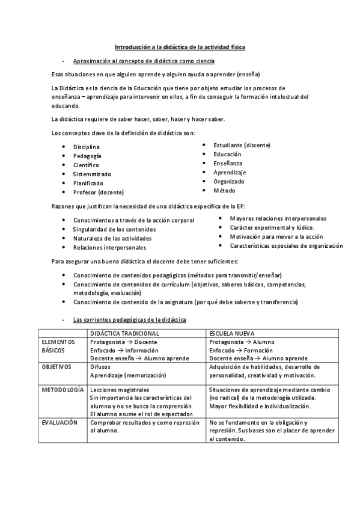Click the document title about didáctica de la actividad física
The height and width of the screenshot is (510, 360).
[x=180, y=47]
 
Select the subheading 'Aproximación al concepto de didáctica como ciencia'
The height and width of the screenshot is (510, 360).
[x=144, y=61]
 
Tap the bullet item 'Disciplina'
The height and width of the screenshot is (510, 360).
[x=87, y=147]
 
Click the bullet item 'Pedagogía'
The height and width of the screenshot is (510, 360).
[x=87, y=156]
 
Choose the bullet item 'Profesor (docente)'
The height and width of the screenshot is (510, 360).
[x=99, y=192]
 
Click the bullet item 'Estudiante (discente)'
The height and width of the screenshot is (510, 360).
[x=242, y=145]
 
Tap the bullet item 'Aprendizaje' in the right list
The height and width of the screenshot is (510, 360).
[x=230, y=172]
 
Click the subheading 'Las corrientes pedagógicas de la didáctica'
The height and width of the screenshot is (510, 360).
[x=129, y=319]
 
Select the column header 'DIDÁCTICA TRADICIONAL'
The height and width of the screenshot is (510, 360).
[x=124, y=333]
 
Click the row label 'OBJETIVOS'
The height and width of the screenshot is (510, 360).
[x=56, y=366]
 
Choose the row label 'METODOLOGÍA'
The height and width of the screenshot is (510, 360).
[x=63, y=390]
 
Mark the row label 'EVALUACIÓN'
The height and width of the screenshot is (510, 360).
[x=60, y=423]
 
